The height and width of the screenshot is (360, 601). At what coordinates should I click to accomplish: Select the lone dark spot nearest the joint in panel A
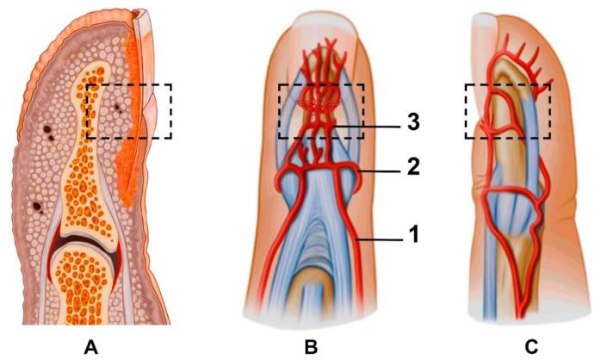pyautogui.click(x=38, y=207)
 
